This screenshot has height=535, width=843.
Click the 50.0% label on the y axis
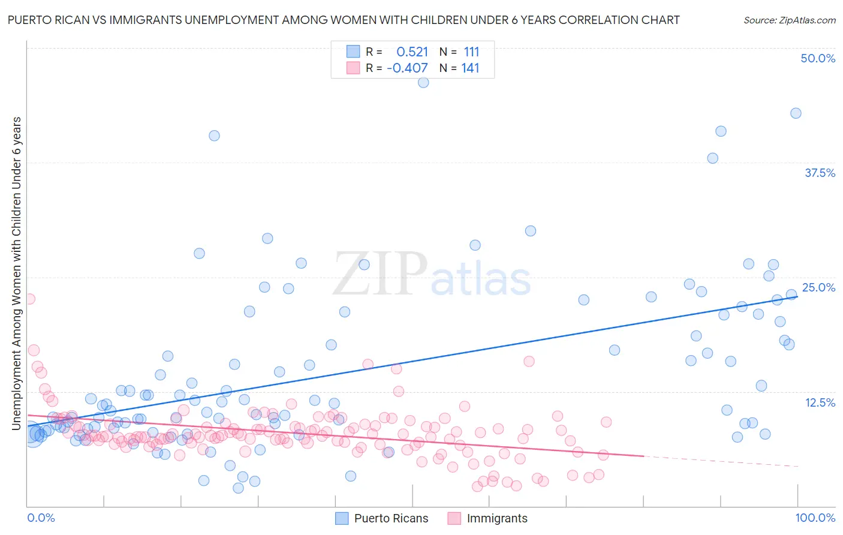818,58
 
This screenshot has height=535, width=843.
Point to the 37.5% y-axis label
820,173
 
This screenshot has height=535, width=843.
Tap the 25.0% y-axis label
818,287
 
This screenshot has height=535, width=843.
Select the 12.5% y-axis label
820,402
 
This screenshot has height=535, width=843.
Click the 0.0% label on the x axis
41,518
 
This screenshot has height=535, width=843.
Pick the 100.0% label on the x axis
815,518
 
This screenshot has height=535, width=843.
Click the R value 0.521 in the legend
412,52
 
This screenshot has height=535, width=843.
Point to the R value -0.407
407,68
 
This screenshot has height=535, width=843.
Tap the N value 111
471,52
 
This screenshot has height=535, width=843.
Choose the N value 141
470,68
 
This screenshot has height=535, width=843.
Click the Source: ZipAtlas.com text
789,20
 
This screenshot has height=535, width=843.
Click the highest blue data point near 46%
423,83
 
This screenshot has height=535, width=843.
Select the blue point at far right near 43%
796,113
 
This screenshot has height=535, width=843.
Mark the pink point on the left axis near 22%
29,299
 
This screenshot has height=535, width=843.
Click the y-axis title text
16,273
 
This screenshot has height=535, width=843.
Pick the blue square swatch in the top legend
353,52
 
